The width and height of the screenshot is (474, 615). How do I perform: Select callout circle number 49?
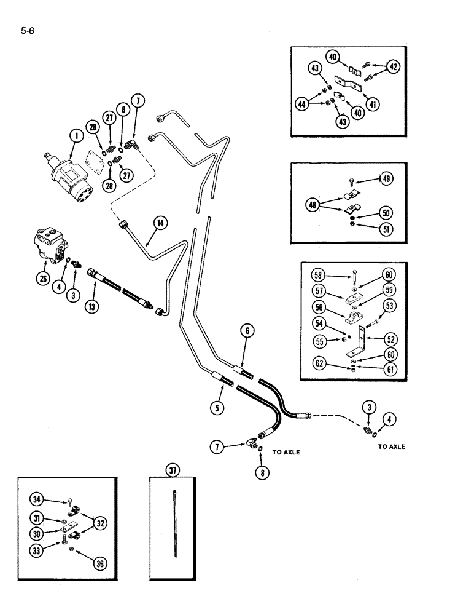click(387, 179)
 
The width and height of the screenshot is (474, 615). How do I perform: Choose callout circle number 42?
click(394, 68)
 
